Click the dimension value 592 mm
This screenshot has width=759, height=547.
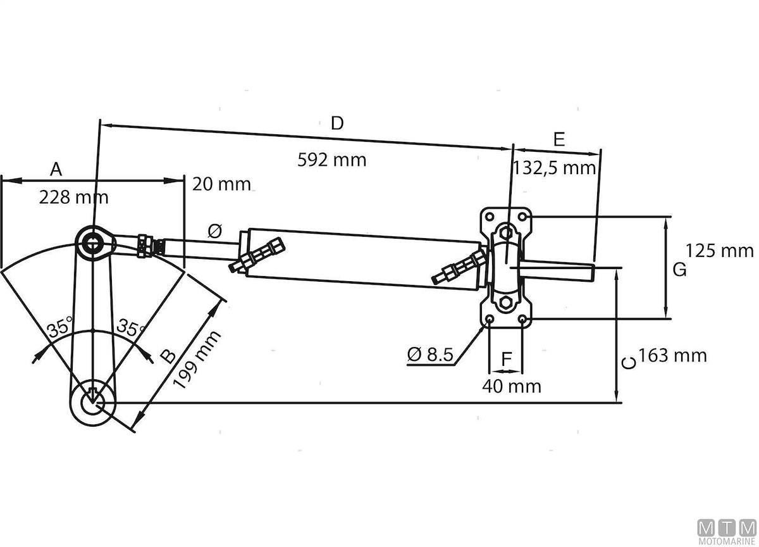point(332,160)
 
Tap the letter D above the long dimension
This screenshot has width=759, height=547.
point(338,123)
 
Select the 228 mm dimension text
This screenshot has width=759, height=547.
point(74,197)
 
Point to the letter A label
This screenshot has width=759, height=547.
point(56,170)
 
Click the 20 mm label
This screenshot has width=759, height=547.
point(221,184)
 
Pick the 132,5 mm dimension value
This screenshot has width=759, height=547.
point(555,168)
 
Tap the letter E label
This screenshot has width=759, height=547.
point(558,140)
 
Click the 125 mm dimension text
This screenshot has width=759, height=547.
point(720,251)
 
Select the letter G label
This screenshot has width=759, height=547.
point(679,270)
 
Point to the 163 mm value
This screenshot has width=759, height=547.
point(672,355)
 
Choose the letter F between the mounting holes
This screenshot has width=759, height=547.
point(506,359)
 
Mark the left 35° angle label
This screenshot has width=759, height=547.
point(61,330)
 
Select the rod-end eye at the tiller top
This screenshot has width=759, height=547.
point(95,241)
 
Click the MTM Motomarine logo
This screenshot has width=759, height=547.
point(726,531)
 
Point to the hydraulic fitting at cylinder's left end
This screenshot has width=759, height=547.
point(258,255)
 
